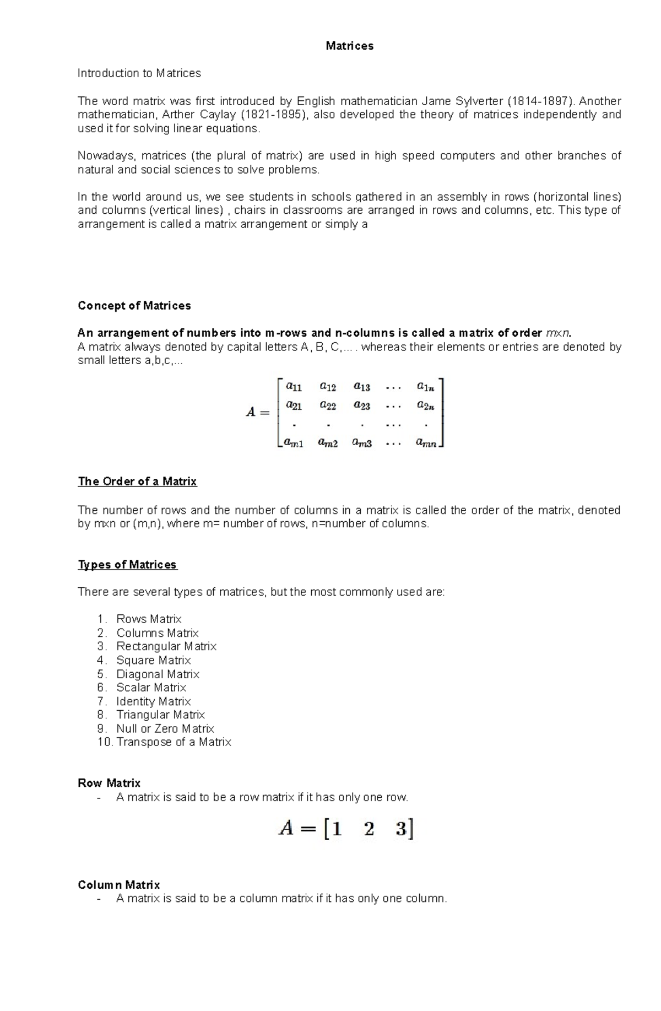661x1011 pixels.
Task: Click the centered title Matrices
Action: [x=349, y=46]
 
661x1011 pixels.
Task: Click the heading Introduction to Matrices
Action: [x=139, y=73]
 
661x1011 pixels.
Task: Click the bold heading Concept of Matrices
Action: [x=134, y=306]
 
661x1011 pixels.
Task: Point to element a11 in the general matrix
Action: [x=294, y=387]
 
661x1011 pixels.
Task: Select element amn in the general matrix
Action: [x=426, y=442]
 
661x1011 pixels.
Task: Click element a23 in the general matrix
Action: [x=361, y=406]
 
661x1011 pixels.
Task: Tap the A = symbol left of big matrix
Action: [x=257, y=412]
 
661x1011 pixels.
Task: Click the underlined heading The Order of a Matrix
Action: [x=137, y=482]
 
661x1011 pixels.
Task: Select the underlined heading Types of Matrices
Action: [x=127, y=565]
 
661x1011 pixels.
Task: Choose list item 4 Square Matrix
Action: [x=153, y=660]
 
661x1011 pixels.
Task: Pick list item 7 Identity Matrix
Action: [x=153, y=701]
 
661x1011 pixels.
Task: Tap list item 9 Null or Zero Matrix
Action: [x=165, y=728]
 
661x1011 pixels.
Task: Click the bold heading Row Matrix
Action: [x=109, y=783]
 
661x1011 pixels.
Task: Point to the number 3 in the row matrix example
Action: [x=401, y=829]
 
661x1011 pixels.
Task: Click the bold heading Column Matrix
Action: [x=118, y=885]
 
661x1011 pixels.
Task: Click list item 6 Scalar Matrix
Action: [x=151, y=688]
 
